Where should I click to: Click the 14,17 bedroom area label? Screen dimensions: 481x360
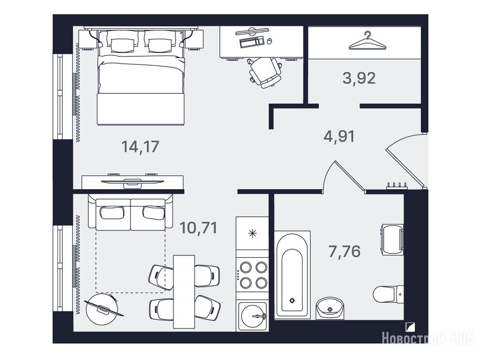click(x=140, y=146)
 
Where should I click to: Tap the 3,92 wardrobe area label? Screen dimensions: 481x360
click(x=359, y=78)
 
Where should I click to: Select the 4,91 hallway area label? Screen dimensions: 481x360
click(x=339, y=136)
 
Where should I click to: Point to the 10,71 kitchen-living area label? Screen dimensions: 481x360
click(x=199, y=228)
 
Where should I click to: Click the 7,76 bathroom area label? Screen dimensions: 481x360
click(x=344, y=252)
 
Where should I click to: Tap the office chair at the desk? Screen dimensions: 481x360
click(x=265, y=71)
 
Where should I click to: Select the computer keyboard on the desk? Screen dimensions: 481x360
click(x=251, y=42)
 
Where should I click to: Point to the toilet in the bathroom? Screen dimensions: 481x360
click(x=388, y=294)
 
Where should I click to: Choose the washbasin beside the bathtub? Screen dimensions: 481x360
click(x=330, y=308)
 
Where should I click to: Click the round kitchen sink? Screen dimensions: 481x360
click(x=253, y=316)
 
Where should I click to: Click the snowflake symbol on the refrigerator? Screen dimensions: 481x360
click(x=252, y=234)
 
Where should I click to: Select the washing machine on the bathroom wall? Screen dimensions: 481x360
click(x=392, y=239)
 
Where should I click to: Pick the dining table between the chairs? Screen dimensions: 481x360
click(x=184, y=291)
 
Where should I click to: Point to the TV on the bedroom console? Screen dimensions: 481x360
click(x=132, y=182)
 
